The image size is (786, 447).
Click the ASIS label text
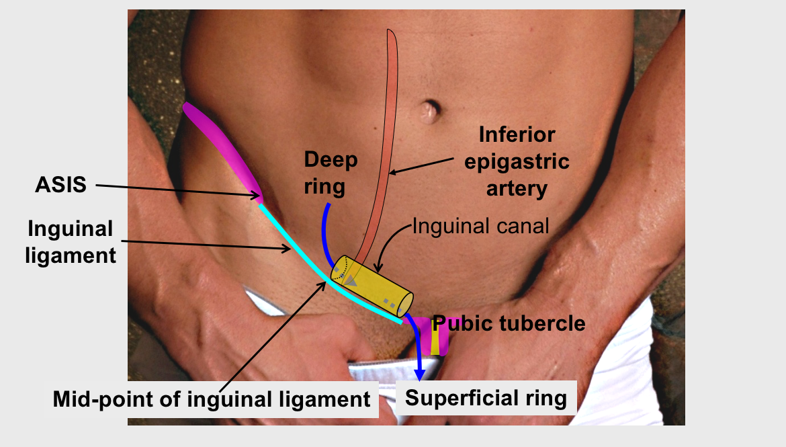tap(60, 185)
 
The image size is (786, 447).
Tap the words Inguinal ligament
tap(71, 242)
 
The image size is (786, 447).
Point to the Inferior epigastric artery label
tap(517, 161)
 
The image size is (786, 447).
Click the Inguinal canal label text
tap(480, 226)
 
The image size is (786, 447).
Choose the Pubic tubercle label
tap(509, 323)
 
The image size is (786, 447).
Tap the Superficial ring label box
tap(486, 398)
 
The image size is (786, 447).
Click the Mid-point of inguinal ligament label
tap(212, 399)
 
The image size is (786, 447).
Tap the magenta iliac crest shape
tap(222, 148)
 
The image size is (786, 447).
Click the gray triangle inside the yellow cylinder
tap(350, 280)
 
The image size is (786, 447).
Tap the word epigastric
tap(517, 161)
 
